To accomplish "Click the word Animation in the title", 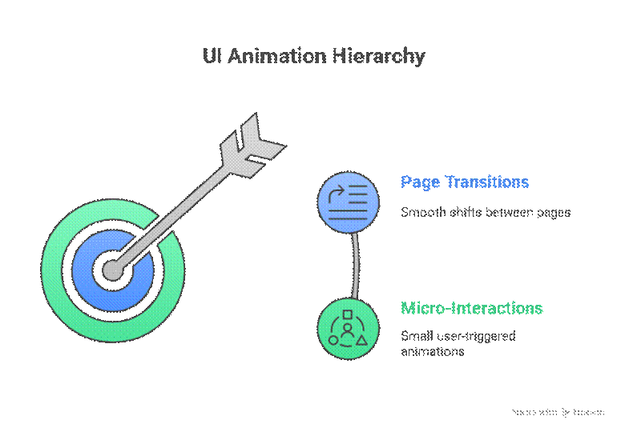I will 276,57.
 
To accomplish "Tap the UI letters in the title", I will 212,57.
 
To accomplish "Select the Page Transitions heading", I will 465,182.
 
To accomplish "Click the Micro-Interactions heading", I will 471,309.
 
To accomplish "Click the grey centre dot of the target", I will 113,270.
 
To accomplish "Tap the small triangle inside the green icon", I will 361,340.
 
